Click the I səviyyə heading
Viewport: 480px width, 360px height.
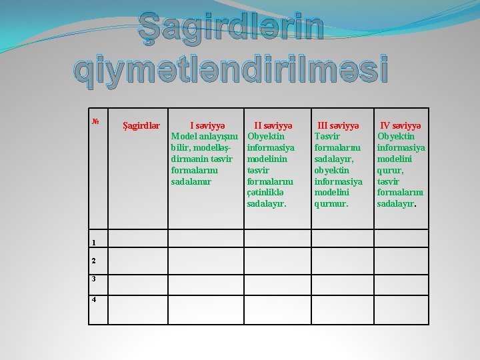click(x=208, y=125)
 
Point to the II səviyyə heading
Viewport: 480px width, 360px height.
click(x=272, y=125)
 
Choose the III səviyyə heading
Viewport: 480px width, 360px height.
click(x=338, y=125)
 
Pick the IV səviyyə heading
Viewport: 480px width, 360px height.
click(x=401, y=125)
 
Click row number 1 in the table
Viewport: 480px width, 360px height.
click(x=94, y=243)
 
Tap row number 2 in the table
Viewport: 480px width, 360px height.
click(x=94, y=261)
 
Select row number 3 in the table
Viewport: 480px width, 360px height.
click(x=94, y=280)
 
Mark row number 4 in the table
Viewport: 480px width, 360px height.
click(x=94, y=299)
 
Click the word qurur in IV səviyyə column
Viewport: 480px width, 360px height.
click(x=389, y=170)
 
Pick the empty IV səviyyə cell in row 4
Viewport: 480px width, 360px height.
click(x=401, y=310)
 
